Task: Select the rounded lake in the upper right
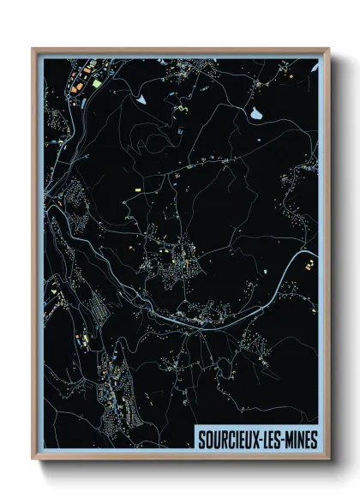(x=256, y=112)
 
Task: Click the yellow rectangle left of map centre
(x=135, y=184)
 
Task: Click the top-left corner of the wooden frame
(x=33, y=49)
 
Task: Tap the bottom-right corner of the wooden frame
(x=329, y=459)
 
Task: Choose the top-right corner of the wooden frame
(x=329, y=49)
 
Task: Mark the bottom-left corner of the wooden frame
(x=33, y=459)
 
